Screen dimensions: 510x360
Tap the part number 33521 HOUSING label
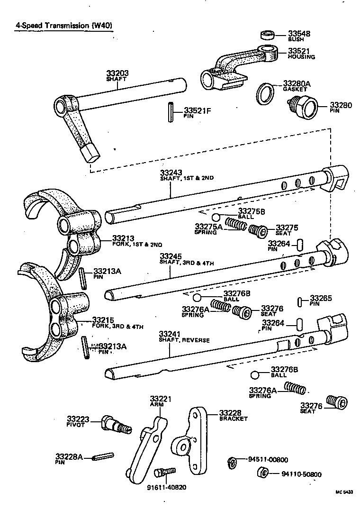point(301,53)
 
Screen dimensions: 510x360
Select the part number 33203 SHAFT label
point(117,76)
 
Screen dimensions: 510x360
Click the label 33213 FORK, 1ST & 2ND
point(137,241)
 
